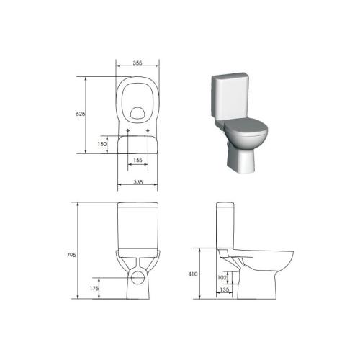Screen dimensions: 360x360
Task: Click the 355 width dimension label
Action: (x=138, y=63)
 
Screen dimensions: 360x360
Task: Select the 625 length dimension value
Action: (x=81, y=114)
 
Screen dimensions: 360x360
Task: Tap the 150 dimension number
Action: (x=102, y=144)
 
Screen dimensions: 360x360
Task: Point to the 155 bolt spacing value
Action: (x=138, y=160)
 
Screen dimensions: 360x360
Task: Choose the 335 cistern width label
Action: (x=138, y=182)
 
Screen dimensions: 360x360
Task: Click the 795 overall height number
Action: (x=71, y=255)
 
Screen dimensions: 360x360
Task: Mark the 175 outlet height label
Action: (x=94, y=289)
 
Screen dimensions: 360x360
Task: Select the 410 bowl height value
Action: (x=193, y=274)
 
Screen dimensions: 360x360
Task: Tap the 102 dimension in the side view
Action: (x=222, y=277)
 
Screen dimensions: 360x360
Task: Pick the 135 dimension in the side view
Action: (x=225, y=289)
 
